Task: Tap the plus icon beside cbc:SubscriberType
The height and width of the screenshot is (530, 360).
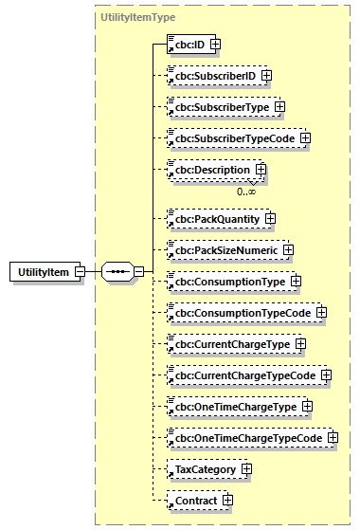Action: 279,106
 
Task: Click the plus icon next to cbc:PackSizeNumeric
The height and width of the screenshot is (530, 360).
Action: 288,250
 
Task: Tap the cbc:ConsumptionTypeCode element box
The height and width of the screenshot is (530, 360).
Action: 238,312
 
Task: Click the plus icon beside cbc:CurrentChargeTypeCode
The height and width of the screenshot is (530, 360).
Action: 326,375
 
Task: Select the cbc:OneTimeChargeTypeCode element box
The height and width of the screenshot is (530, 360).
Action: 243,437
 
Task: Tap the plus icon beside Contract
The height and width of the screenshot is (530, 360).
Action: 227,500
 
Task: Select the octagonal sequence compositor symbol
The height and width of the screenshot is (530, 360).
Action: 117,273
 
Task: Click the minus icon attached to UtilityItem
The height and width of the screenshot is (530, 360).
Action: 80,273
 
